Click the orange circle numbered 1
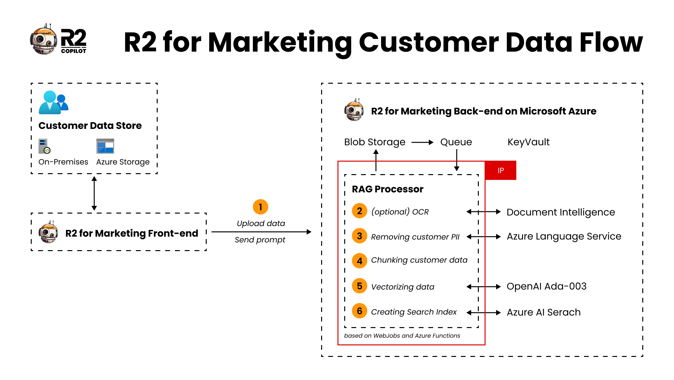point(260,207)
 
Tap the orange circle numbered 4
point(359,261)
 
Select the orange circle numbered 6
point(359,311)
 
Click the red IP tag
point(500,170)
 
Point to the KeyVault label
point(528,142)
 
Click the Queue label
point(456,142)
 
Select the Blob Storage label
point(374,142)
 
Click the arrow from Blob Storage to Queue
point(422,142)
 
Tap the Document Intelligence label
point(561,212)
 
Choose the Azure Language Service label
point(564,236)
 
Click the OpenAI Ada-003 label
point(546,286)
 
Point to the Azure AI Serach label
point(544,312)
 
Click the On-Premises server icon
point(44,146)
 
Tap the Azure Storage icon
point(105,146)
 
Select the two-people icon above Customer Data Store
point(54,103)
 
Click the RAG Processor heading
point(387,189)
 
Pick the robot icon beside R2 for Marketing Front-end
point(48,232)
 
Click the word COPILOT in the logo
point(73,51)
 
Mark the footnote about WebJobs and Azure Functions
point(402,336)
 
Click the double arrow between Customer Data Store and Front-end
point(94,193)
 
